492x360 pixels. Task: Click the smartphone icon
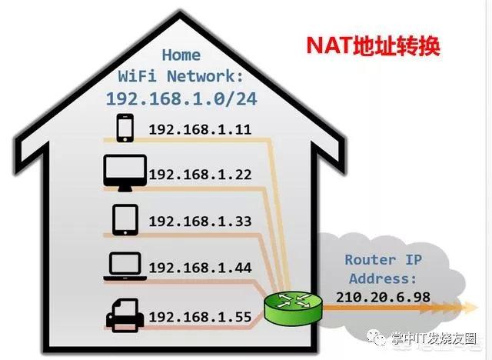click(x=125, y=128)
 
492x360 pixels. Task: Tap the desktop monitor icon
click(x=125, y=173)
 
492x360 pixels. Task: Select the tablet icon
click(x=125, y=220)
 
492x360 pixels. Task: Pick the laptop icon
click(x=125, y=266)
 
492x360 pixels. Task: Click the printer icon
click(x=125, y=315)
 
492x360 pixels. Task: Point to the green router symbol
click(x=293, y=308)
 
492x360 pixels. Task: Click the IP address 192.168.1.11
click(x=200, y=130)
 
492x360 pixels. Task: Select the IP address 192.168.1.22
click(x=200, y=175)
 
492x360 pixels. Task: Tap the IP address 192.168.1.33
click(x=200, y=222)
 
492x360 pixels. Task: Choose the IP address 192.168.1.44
click(x=200, y=268)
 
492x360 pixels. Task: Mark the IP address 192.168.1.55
click(x=200, y=317)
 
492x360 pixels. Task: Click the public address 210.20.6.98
click(x=383, y=297)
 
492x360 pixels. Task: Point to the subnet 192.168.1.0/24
click(x=181, y=98)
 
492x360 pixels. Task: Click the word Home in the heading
click(x=181, y=55)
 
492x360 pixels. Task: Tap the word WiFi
click(x=137, y=76)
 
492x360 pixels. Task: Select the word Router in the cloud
click(x=371, y=260)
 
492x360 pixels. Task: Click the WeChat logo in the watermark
click(x=376, y=338)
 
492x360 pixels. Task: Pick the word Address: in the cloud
click(x=383, y=278)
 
